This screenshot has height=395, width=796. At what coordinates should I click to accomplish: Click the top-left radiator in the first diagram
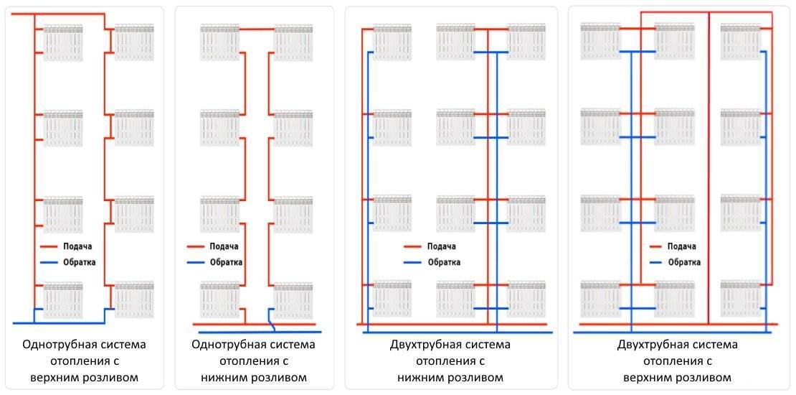[63, 42]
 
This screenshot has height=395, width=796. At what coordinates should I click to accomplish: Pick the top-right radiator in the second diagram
[293, 42]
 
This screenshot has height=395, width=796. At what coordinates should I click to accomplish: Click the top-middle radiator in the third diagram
[455, 42]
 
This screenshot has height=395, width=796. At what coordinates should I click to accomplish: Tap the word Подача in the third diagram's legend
[442, 246]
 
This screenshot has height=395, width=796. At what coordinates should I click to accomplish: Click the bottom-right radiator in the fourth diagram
[740, 298]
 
